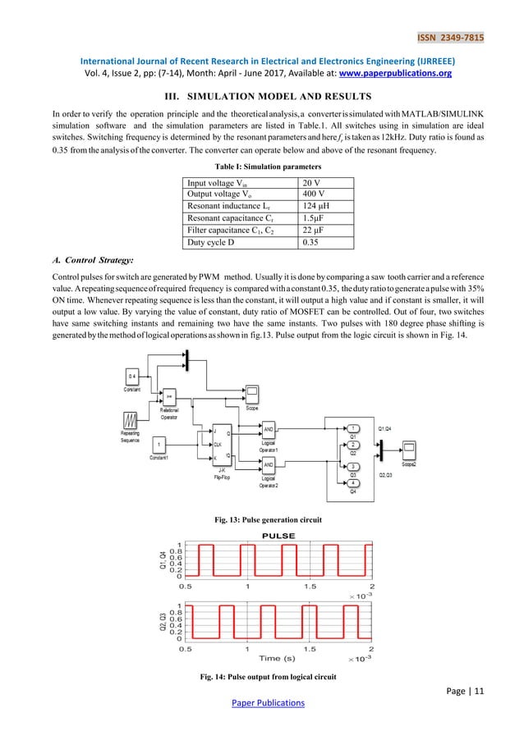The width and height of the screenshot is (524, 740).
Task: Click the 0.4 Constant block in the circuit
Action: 131,379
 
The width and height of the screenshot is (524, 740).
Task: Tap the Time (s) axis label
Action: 277,658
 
